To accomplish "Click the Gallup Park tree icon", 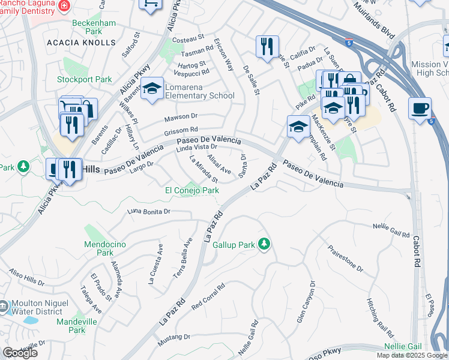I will (x=263, y=244).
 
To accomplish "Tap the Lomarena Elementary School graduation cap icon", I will (x=152, y=89).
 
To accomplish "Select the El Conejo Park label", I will (x=192, y=190).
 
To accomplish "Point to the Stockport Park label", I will (x=85, y=79).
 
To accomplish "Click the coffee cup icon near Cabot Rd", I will (x=420, y=109).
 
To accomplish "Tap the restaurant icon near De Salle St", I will (x=266, y=47).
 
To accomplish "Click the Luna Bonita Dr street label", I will (x=149, y=212).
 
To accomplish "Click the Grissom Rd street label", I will (x=181, y=130).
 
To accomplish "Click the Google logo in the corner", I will (x=20, y=353).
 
